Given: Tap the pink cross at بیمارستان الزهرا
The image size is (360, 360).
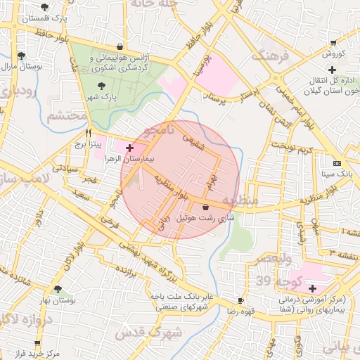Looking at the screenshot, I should pos(129,148).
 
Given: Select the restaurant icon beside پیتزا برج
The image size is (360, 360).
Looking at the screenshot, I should pos(89,133).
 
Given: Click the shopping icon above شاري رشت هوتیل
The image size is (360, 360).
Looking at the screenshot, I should pos(205,207).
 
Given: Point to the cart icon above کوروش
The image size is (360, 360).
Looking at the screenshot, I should pos(334,44).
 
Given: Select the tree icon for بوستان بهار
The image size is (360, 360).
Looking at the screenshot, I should pos(58,289).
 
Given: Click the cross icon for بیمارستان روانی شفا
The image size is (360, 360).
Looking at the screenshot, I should pos(312,288).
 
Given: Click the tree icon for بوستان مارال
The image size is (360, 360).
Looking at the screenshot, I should pos(22,55).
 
